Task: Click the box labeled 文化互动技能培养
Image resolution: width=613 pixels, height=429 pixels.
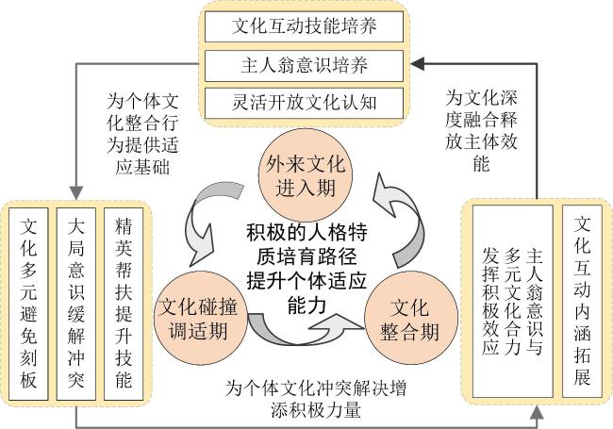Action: tap(305, 26)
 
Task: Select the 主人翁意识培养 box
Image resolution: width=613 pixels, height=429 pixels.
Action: tap(305, 66)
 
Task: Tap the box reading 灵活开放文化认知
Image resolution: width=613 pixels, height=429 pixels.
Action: tap(305, 103)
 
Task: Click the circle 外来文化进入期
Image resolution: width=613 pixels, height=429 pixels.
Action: tap(306, 175)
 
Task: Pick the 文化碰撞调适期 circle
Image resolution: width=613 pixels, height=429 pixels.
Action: tap(200, 319)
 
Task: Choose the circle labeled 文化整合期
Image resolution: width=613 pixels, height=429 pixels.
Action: tap(411, 319)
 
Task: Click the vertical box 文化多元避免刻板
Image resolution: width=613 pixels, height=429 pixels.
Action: tap(28, 304)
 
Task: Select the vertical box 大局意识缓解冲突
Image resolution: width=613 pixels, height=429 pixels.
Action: tap(76, 304)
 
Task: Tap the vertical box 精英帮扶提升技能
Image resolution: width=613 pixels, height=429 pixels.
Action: tap(124, 304)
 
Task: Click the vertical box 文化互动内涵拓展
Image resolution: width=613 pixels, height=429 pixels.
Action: tap(582, 301)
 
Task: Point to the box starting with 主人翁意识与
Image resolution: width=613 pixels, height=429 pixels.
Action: tap(512, 301)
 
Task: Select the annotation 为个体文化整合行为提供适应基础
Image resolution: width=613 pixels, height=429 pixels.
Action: tap(142, 134)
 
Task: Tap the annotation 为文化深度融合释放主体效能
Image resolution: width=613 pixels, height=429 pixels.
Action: tap(481, 130)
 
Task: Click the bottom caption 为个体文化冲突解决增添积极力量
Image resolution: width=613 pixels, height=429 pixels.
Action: tap(316, 399)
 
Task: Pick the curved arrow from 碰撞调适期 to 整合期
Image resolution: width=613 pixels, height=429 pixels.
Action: tap(301, 332)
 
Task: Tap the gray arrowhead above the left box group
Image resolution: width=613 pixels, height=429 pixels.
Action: tap(76, 193)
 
